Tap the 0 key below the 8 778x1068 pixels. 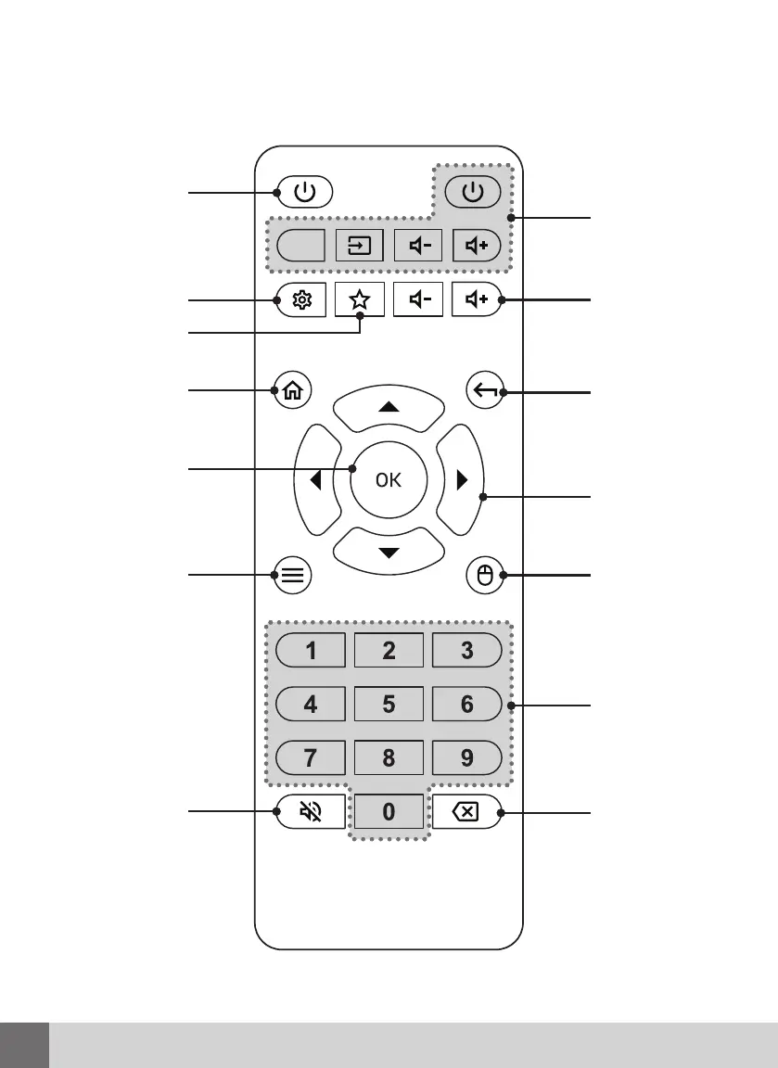point(389,812)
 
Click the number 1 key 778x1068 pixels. point(311,651)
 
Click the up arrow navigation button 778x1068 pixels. point(389,407)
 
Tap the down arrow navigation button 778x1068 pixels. point(389,553)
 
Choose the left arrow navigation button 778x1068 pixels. point(315,480)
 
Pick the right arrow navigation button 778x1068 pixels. point(462,480)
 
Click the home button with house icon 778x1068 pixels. point(292,391)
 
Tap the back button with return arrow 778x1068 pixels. point(484,391)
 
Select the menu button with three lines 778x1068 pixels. point(292,575)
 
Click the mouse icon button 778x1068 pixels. point(484,575)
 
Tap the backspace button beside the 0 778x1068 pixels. point(466,812)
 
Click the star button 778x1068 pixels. point(360,300)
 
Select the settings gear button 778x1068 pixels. point(301,300)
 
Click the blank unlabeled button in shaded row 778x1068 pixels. point(300,247)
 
